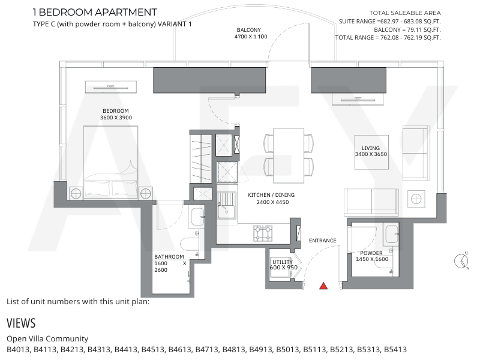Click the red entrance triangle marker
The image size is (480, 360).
tap(323, 286)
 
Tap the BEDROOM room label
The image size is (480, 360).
tap(116, 111)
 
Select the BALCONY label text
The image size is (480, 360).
tap(249, 30)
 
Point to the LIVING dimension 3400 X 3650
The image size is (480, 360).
tap(371, 154)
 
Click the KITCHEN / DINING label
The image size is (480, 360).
tap(271, 195)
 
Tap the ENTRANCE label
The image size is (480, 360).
tap(323, 241)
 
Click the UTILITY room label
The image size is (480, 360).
tap(283, 262)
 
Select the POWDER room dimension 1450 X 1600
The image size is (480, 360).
tap(372, 259)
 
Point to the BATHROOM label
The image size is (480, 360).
tap(169, 257)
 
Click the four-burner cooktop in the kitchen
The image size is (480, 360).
tap(263, 233)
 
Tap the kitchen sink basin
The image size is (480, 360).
tap(227, 211)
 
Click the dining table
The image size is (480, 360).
tap(289, 156)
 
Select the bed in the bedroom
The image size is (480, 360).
tap(111, 162)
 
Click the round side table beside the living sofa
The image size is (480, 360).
tap(416, 199)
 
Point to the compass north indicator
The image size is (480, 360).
tap(461, 261)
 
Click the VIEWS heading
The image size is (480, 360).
tap(21, 323)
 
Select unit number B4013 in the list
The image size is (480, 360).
tap(18, 349)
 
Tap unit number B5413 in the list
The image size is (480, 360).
tap(395, 349)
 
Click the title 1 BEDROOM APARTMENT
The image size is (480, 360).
tap(95, 12)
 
